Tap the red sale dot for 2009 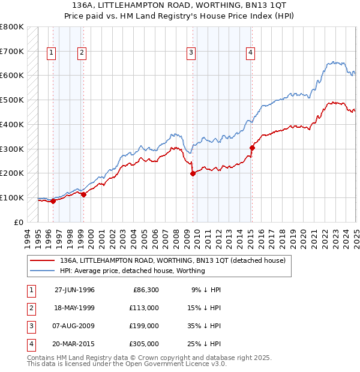tap(193, 173)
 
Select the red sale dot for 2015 tap(252, 148)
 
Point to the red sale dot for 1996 tap(53, 201)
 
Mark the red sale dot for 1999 tap(83, 194)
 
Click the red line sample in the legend tap(41, 260)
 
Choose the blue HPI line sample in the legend tap(41, 271)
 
